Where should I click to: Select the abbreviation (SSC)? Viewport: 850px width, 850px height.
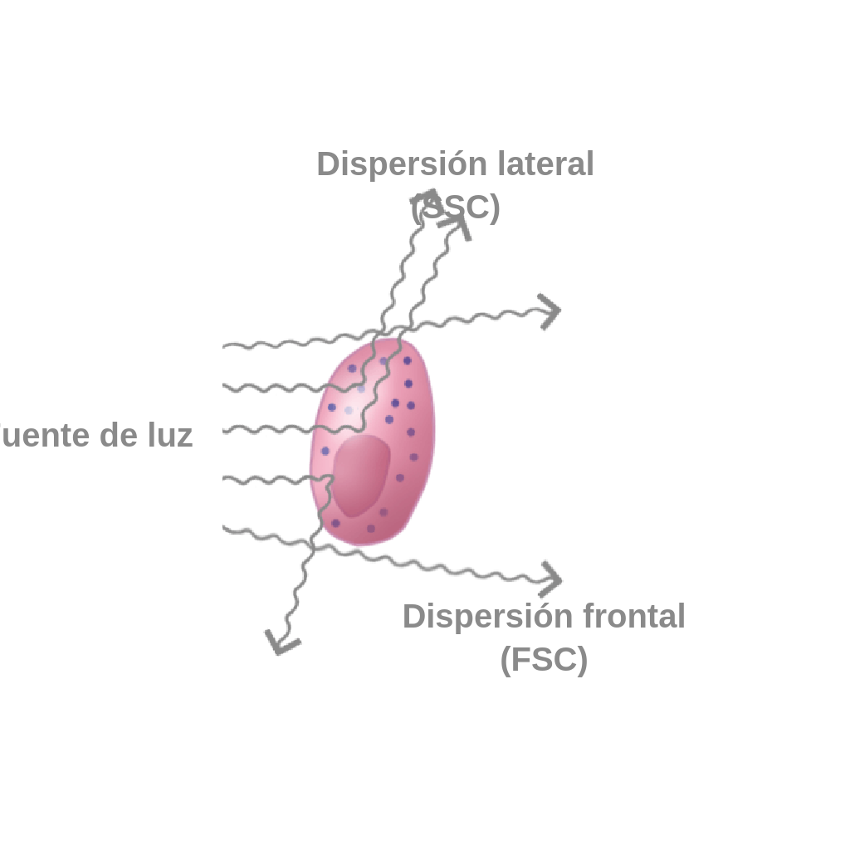(456, 208)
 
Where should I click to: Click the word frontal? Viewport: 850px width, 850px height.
(633, 617)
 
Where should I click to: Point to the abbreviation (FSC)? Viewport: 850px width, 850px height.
(544, 660)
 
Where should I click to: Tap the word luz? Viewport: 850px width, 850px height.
(170, 435)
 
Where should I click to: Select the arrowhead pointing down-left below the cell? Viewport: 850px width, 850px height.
(280, 642)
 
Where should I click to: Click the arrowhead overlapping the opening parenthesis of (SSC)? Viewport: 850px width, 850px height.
(426, 199)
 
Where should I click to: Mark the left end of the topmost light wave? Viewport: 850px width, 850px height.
(225, 344)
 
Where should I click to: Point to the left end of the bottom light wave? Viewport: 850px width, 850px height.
(225, 528)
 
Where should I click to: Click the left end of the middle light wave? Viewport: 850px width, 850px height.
(225, 430)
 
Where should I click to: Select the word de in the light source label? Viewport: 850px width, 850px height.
(119, 435)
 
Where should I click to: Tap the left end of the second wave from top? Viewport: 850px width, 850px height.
(225, 386)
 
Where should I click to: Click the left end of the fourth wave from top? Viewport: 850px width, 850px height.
(225, 479)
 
